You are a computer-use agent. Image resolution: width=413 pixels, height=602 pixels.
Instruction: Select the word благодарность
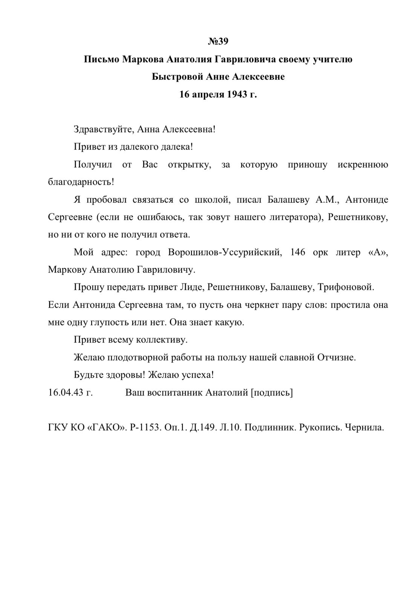81,182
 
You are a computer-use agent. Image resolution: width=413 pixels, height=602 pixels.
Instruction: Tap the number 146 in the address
298,252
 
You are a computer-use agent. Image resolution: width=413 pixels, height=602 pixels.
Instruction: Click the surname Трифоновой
346,287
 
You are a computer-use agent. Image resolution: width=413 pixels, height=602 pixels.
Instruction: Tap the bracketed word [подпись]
272,392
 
